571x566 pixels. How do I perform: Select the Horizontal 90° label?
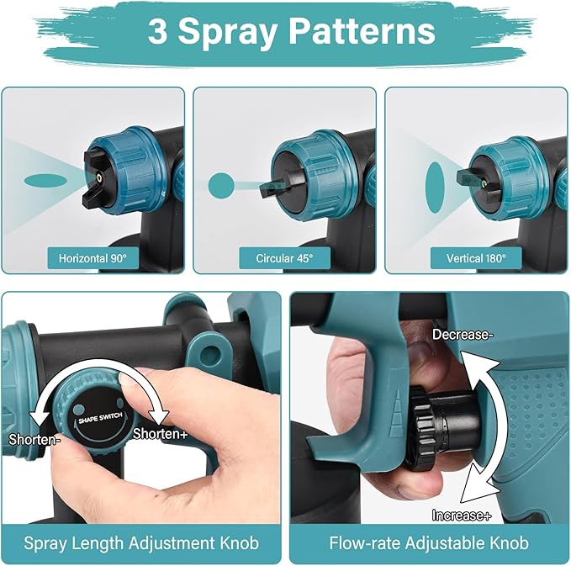(93, 258)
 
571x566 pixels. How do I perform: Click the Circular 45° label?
(284, 258)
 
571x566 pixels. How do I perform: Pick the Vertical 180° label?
(476, 258)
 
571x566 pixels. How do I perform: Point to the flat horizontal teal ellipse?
(46, 180)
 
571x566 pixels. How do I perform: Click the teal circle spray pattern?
(221, 186)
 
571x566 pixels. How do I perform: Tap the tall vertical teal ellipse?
(435, 186)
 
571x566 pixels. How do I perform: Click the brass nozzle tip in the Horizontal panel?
(99, 177)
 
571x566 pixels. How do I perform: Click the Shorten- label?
(34, 440)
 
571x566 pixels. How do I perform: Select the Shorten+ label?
(161, 433)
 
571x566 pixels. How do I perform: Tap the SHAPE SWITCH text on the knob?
(100, 419)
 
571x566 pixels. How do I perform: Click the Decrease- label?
(463, 335)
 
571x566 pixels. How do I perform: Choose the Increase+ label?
(462, 515)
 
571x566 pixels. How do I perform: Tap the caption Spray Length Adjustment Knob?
(141, 543)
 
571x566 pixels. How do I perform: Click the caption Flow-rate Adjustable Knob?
(429, 542)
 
